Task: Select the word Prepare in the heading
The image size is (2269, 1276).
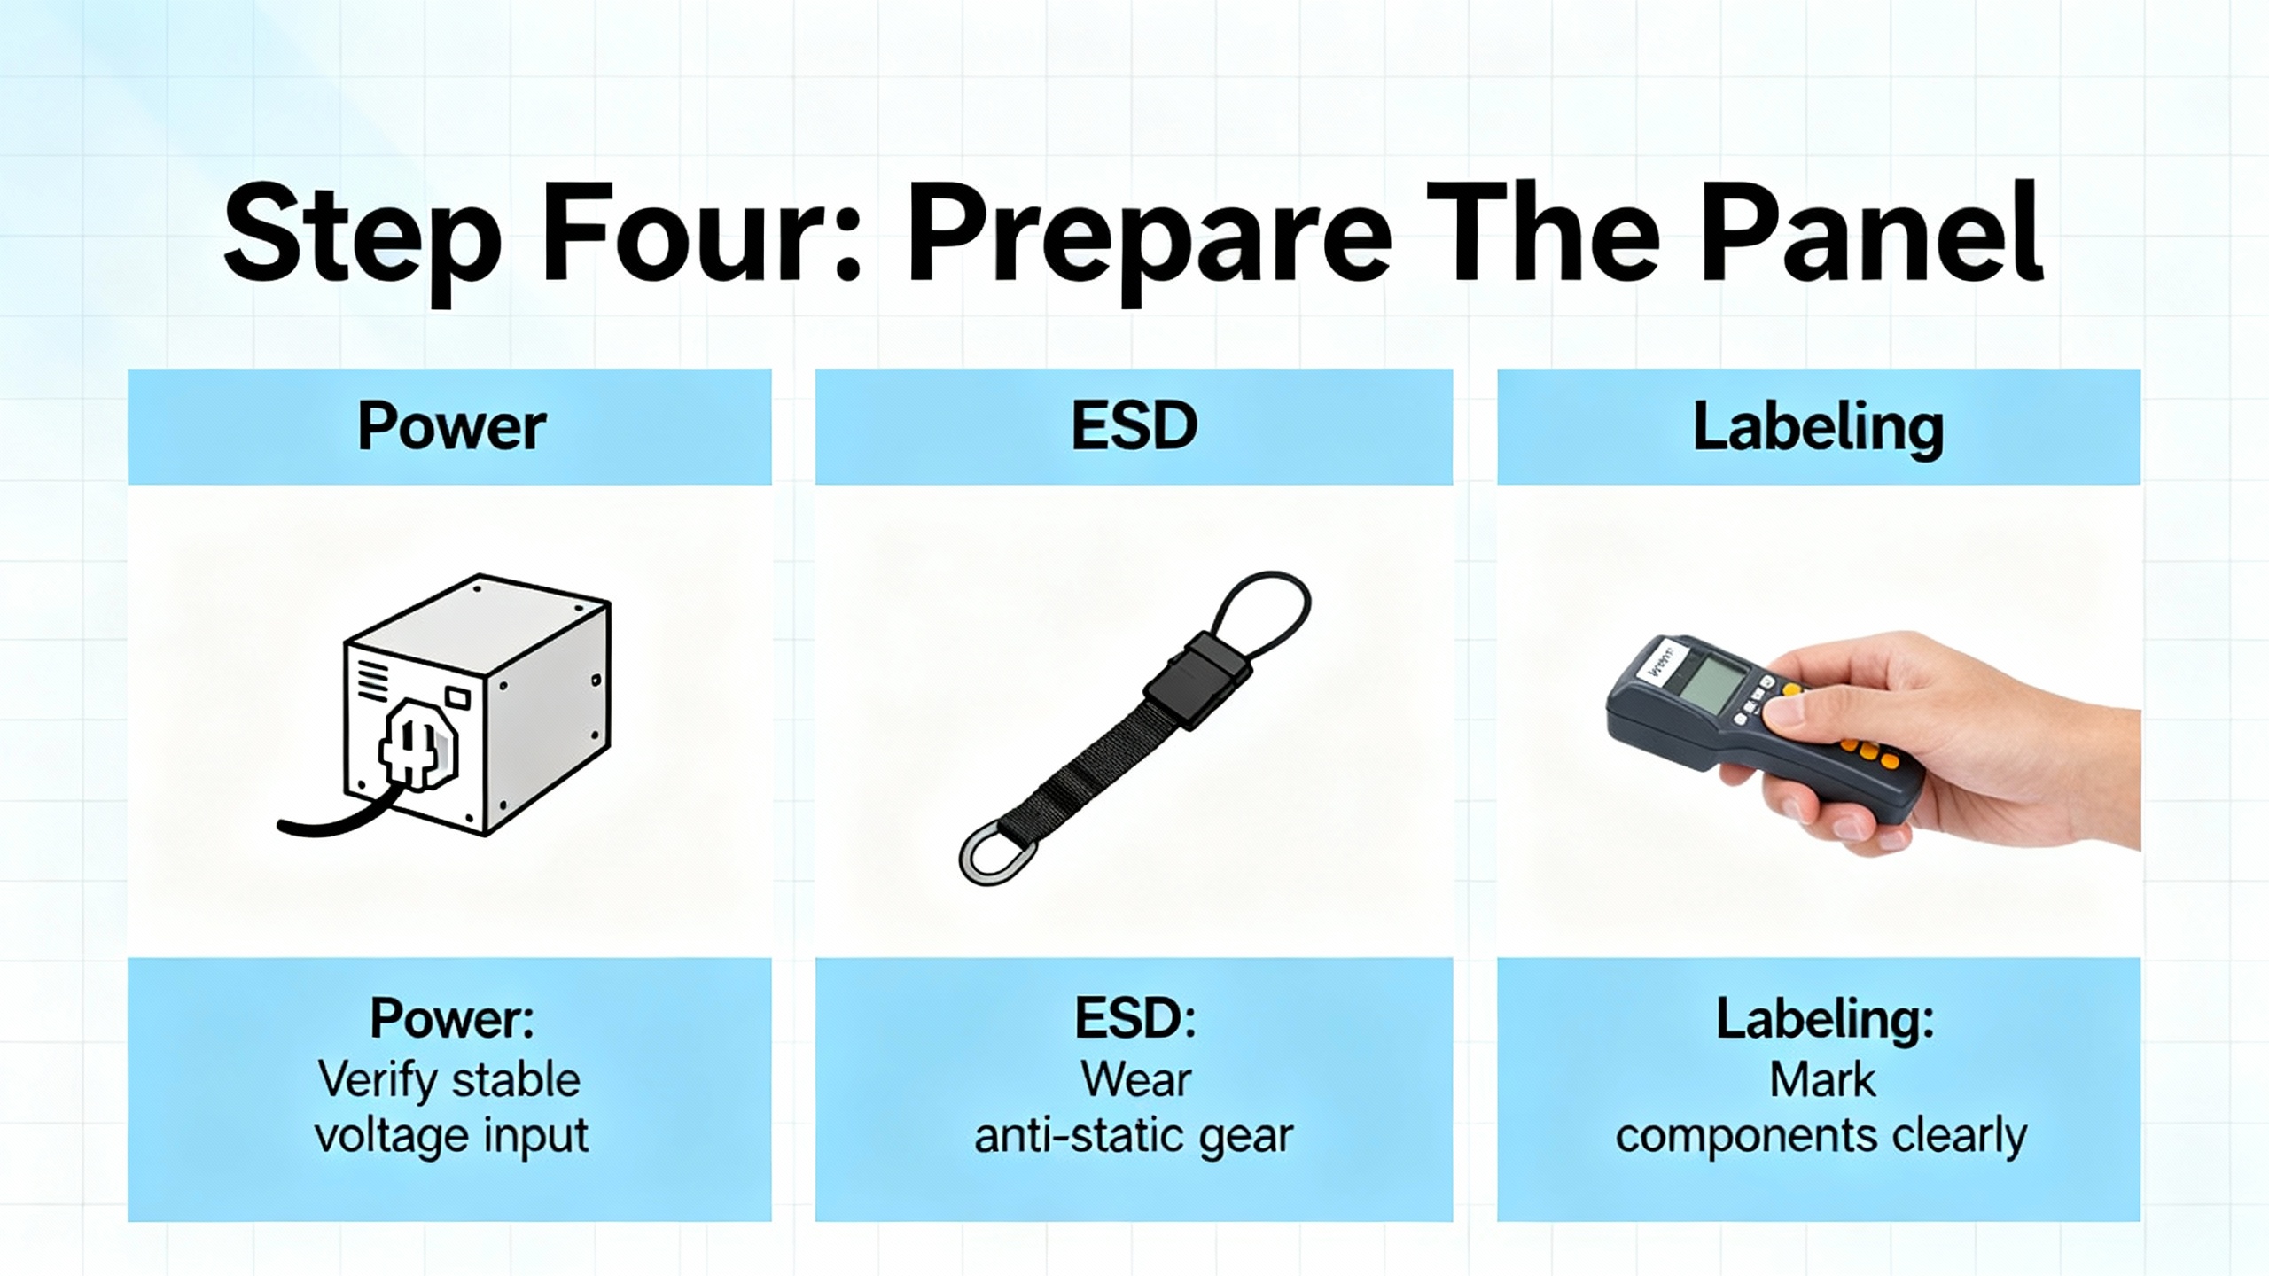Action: click(x=1149, y=244)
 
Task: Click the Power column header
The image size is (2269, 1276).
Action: click(x=451, y=427)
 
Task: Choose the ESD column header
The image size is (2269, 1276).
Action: click(x=1134, y=426)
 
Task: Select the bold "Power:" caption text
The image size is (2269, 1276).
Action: click(x=452, y=1018)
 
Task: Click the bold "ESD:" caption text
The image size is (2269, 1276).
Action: click(x=1135, y=1018)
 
